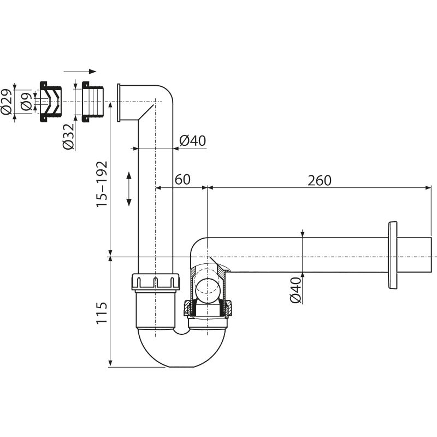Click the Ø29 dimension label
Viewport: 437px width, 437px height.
coord(7,101)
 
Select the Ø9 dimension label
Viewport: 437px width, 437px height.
coord(25,102)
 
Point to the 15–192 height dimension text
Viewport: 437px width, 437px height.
coord(101,184)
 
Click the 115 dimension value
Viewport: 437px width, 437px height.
coord(101,312)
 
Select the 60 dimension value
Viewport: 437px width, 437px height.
coord(182,179)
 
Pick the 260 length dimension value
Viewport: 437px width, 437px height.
coord(319,179)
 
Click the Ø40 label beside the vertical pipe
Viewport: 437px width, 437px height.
coord(192,141)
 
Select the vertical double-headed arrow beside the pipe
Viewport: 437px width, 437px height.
coord(129,188)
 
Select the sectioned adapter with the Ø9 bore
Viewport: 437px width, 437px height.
coord(49,102)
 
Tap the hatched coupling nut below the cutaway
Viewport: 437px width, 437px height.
coord(210,309)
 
